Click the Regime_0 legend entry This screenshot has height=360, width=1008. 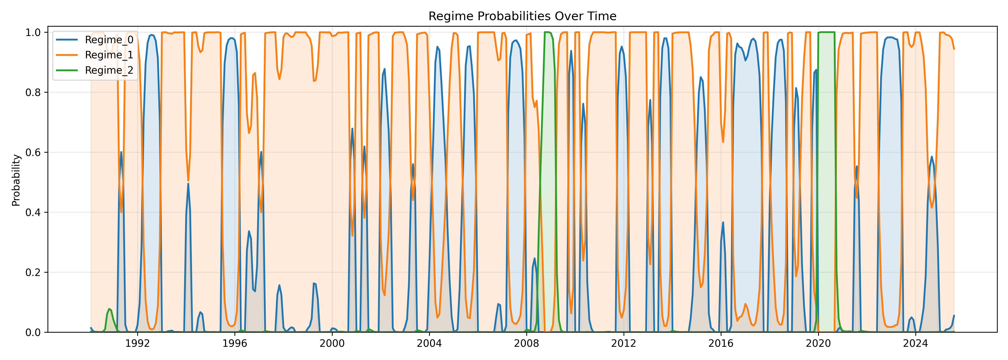[x=109, y=40]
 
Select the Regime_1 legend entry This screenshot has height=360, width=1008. [x=109, y=55]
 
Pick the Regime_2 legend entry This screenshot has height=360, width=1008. [x=109, y=70]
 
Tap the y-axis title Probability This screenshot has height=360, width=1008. [x=16, y=180]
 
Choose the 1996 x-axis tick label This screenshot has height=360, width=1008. [x=235, y=344]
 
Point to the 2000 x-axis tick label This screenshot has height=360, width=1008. [x=332, y=344]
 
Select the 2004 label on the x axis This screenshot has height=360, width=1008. [x=429, y=344]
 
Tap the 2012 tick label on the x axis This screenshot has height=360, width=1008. [x=624, y=344]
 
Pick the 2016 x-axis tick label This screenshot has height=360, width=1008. [x=721, y=344]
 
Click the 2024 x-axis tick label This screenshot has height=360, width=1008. [x=915, y=344]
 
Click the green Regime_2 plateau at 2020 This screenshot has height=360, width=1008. [x=826, y=32]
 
